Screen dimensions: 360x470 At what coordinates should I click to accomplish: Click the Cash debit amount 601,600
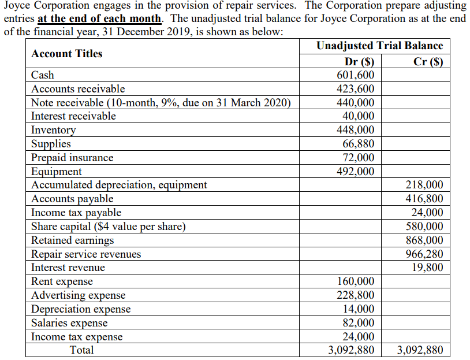point(355,75)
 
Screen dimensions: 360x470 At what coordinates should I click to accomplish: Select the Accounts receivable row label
point(78,89)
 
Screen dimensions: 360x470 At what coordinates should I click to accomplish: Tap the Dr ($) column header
point(359,62)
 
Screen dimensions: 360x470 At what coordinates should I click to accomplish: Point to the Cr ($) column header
point(428,62)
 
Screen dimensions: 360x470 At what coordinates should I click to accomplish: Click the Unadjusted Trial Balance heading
point(380,46)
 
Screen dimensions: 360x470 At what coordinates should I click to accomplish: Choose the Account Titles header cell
point(67,54)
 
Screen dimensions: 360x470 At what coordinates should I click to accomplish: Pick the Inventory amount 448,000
point(355,130)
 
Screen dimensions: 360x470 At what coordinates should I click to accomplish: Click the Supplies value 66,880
point(358,144)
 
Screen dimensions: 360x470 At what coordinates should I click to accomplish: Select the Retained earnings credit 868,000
point(425,240)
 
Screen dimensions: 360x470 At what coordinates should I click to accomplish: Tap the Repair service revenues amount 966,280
point(425,254)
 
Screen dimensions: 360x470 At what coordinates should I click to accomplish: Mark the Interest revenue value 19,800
point(428,268)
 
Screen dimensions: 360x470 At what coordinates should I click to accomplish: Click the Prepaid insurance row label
point(72,158)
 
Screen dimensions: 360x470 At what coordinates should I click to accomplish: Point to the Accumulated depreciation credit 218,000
point(425,185)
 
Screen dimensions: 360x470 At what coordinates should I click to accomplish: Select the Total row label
point(81,350)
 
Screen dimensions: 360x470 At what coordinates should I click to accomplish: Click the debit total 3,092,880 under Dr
point(350,350)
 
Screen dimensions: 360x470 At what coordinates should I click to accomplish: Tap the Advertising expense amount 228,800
point(355,295)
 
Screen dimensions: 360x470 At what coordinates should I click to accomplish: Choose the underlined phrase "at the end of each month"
point(99,18)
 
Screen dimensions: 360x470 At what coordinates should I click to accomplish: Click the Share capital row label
point(109,227)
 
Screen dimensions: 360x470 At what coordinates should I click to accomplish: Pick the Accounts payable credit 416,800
point(425,199)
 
